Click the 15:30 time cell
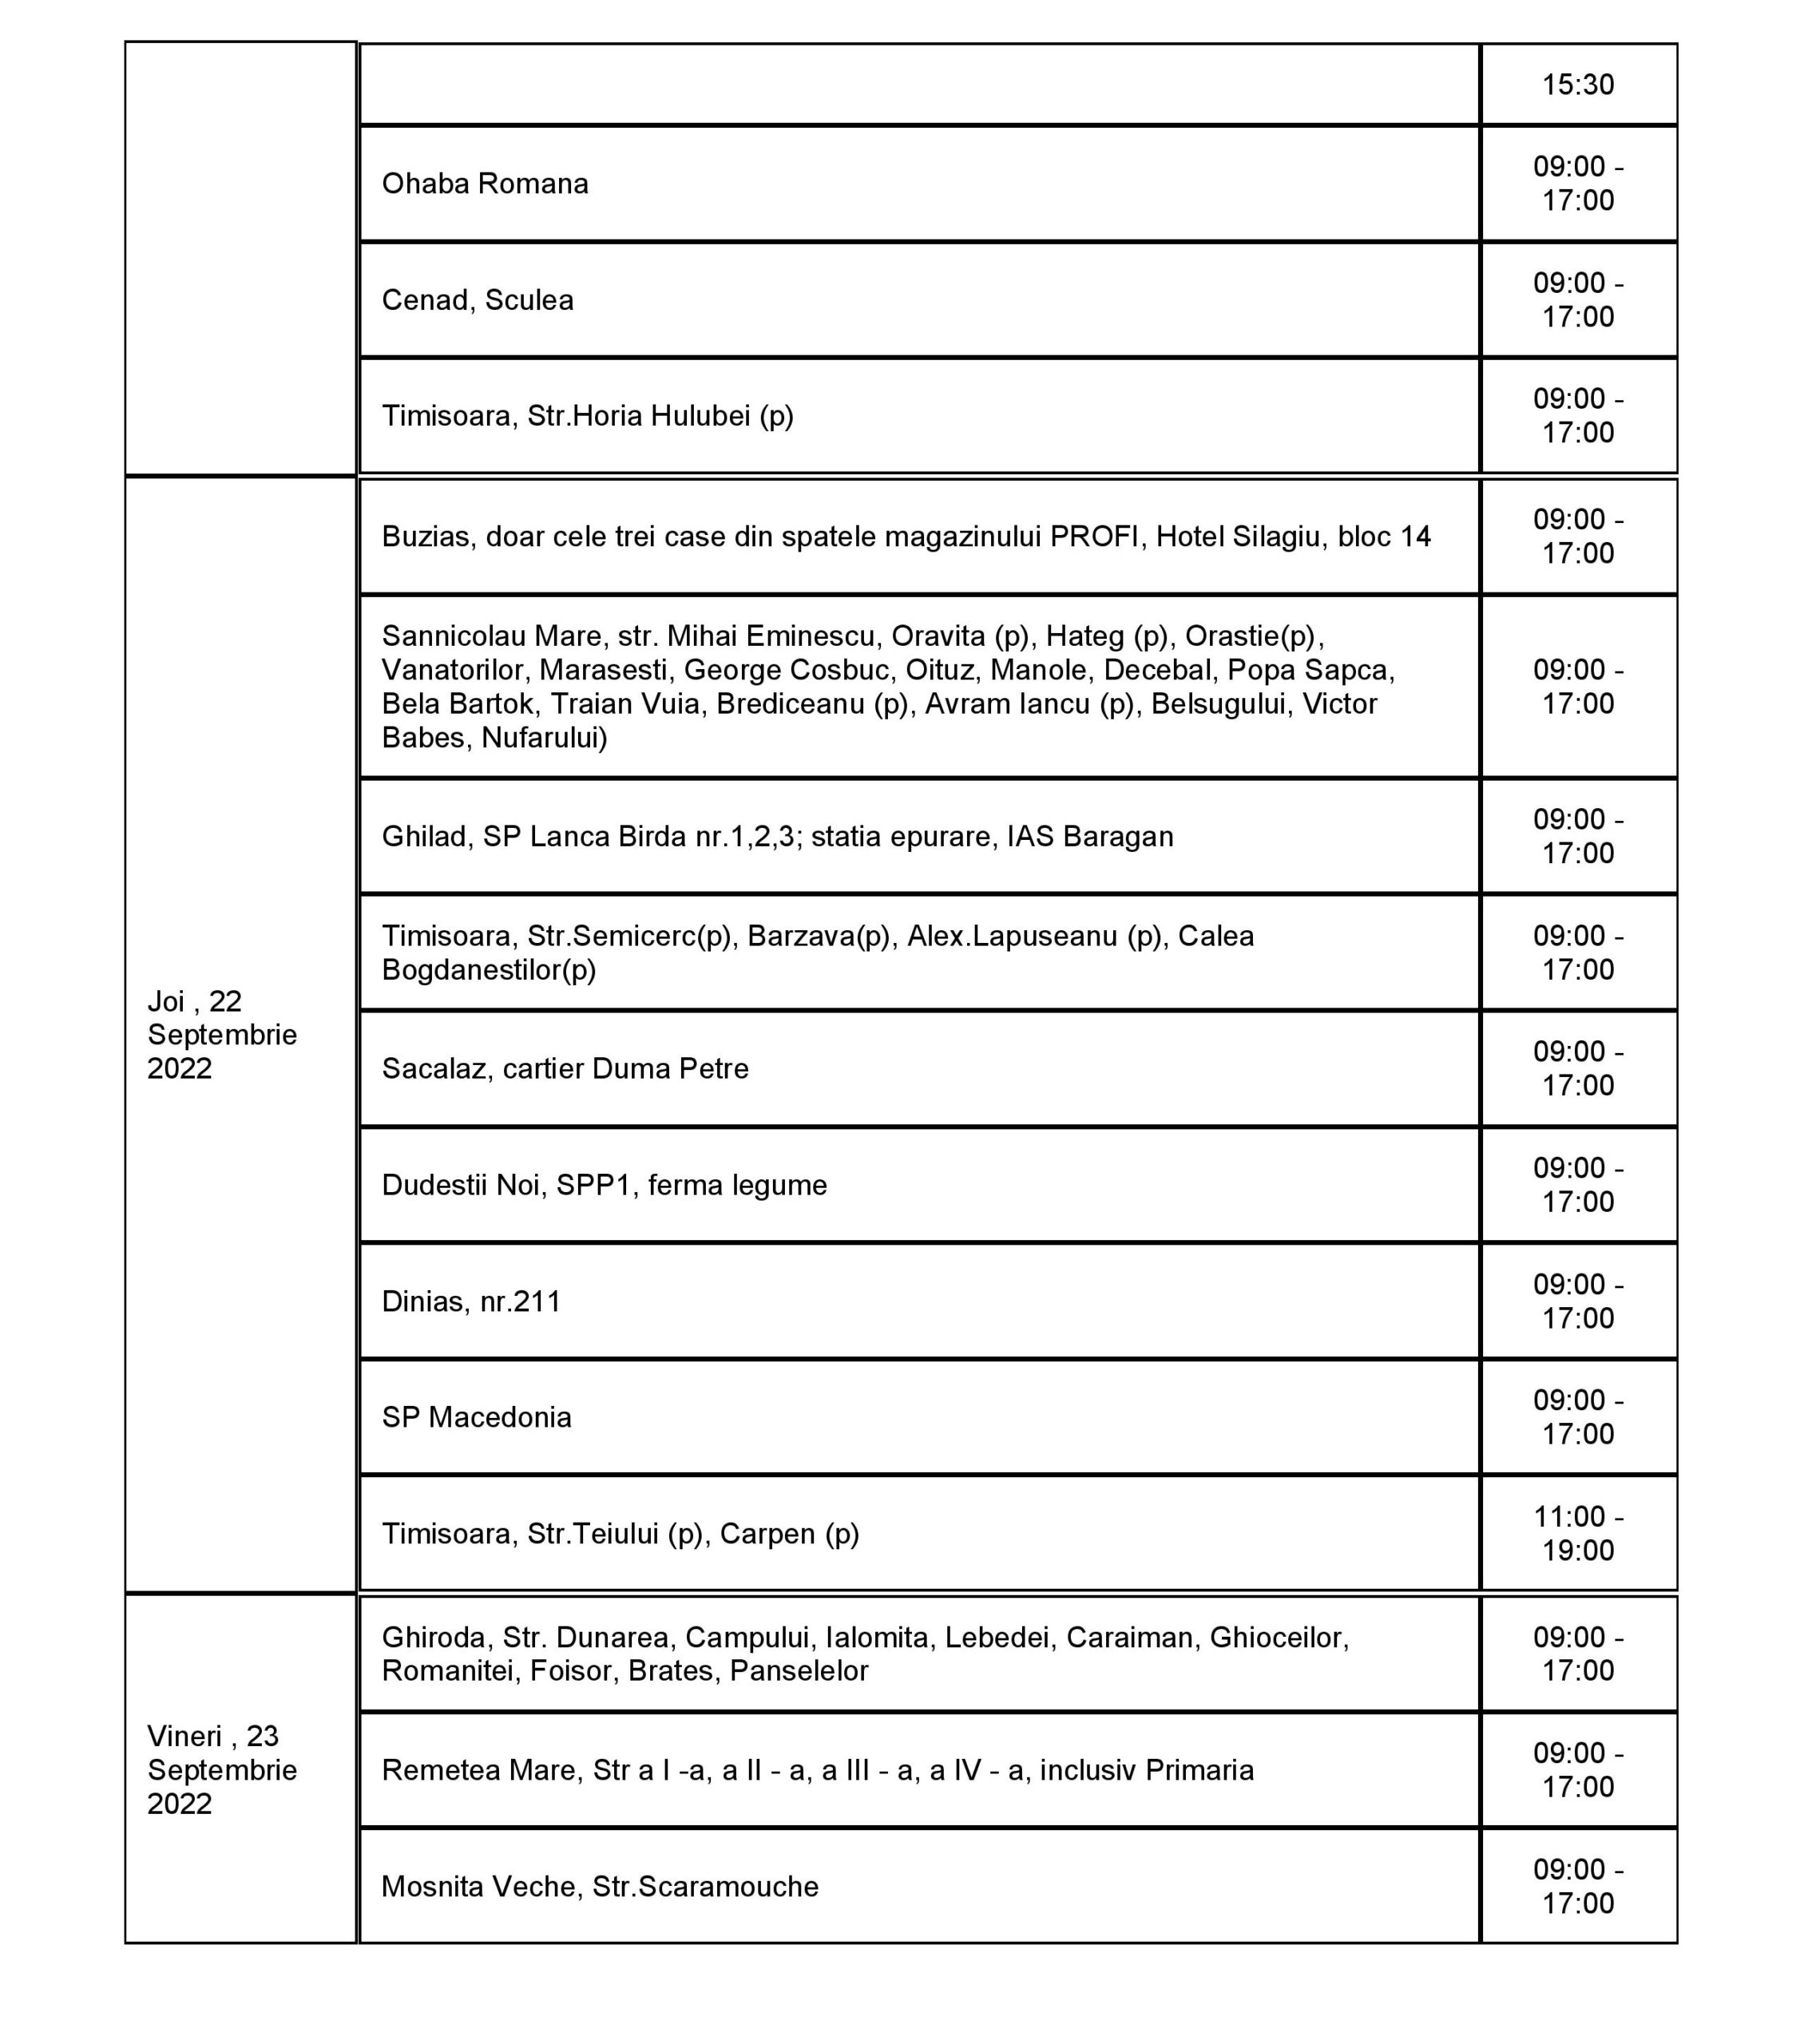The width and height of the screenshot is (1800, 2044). coord(1577,84)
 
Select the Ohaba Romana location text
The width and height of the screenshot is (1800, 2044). coord(485,184)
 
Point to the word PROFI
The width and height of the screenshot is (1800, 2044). coord(1094,537)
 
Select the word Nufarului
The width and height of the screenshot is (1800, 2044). coord(544,738)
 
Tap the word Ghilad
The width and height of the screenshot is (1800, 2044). coord(425,836)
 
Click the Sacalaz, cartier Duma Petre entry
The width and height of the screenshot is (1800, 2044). coord(565,1069)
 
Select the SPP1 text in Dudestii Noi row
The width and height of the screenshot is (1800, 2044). coord(593,1185)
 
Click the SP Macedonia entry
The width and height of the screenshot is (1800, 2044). coord(477,1417)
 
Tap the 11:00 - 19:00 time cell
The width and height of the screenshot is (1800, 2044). coord(1577,1533)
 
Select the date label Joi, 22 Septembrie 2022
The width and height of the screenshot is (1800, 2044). coord(222,1035)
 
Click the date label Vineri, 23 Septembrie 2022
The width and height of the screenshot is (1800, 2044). coord(222,1769)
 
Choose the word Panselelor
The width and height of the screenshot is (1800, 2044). coord(799,1671)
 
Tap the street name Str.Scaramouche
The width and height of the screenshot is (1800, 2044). coord(705,1886)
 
